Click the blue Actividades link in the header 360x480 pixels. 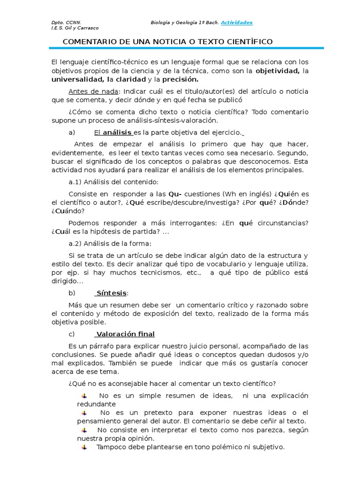(x=237, y=22)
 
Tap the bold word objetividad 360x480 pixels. (x=277, y=71)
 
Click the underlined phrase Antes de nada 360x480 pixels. (x=93, y=91)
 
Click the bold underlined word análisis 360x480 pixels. (x=117, y=133)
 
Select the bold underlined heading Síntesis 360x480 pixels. (x=112, y=293)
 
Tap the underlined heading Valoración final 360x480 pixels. (x=125, y=334)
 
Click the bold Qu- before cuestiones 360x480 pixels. (x=175, y=194)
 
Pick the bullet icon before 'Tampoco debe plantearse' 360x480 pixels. (x=84, y=447)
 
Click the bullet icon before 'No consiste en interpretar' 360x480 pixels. (x=84, y=430)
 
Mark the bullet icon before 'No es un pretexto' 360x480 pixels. (x=84, y=412)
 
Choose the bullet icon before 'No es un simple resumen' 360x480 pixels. (x=84, y=396)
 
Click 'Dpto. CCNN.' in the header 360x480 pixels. (x=66, y=22)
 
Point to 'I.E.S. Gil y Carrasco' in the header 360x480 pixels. (x=75, y=28)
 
